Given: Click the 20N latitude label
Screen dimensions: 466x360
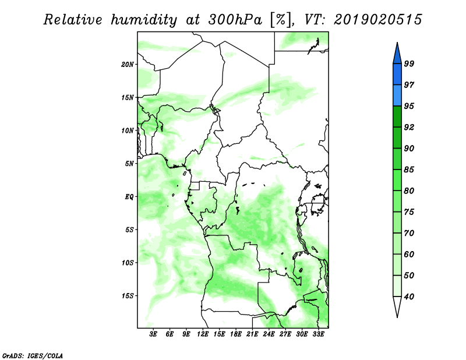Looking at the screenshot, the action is tap(128, 65).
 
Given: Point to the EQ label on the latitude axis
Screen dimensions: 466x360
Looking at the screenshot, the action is tap(129, 197).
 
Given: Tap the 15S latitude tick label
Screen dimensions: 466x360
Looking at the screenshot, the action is tap(128, 296).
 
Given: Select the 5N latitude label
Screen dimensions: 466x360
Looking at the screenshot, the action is tap(129, 164).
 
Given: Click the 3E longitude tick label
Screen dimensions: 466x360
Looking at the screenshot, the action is tap(153, 334).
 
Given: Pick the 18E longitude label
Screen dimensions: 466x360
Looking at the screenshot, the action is tap(236, 334).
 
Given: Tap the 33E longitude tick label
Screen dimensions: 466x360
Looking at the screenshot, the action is tap(318, 334).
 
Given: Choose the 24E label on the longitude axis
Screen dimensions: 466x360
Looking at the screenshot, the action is tap(269, 334).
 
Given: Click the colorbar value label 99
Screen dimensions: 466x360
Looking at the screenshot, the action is tap(409, 63).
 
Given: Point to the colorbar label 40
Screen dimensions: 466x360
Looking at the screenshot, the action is tap(409, 297).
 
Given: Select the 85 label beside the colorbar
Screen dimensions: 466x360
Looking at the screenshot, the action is tap(409, 170).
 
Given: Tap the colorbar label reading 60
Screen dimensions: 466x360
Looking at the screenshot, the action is tap(409, 254).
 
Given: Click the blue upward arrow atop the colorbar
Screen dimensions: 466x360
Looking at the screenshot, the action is tap(397, 54).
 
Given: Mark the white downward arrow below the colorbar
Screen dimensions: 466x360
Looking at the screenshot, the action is tap(397, 306).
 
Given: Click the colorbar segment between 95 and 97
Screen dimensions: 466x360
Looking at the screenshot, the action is tap(397, 96).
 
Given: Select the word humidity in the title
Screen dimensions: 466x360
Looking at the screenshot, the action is tap(144, 20).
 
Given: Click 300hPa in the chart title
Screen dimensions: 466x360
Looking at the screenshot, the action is tap(235, 20).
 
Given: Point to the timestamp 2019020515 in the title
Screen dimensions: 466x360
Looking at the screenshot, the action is tap(377, 20).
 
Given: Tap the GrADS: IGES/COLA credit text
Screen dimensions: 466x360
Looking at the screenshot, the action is tap(33, 355).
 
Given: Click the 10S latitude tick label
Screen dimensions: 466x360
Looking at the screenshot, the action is tap(128, 263).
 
